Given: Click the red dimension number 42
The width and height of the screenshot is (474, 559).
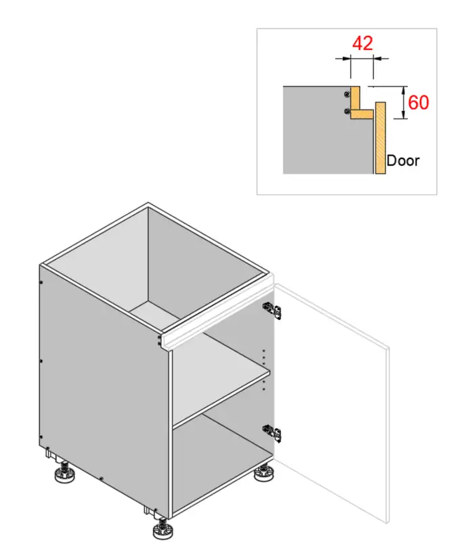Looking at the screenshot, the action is click(362, 43).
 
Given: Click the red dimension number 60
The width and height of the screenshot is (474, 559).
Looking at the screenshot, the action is click(418, 103).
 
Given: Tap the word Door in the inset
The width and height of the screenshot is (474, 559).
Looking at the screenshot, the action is click(403, 161).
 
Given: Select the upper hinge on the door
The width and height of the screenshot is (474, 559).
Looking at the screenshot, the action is click(272, 310).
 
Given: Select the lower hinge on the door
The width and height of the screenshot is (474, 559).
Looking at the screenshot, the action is click(272, 432).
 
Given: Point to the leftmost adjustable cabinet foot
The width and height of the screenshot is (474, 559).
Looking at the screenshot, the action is click(64, 472).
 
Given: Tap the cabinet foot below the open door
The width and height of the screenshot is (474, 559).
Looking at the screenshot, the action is click(263, 472).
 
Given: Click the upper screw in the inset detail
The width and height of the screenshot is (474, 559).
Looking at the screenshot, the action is click(347, 94).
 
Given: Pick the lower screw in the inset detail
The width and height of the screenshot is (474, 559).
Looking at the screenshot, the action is click(347, 112).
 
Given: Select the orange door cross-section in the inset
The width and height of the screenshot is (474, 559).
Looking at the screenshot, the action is click(380, 138).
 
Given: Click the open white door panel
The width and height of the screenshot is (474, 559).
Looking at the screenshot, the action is click(332, 402).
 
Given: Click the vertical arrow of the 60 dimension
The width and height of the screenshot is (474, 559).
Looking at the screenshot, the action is click(404, 102).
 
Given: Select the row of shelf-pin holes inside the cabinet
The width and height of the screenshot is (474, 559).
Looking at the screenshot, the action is click(264, 370).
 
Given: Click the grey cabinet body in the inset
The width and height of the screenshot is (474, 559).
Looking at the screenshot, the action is click(321, 135).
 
